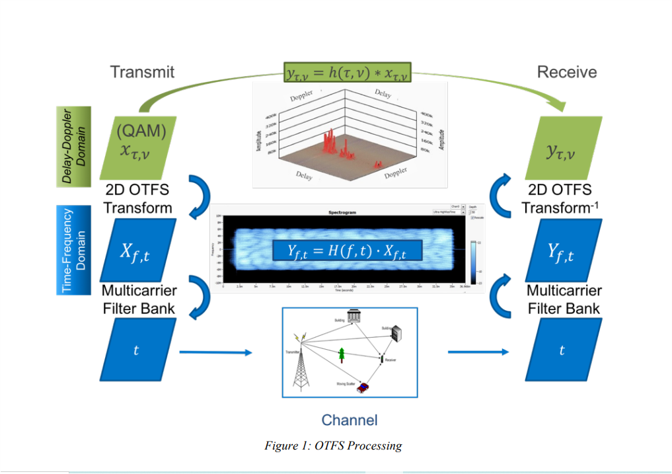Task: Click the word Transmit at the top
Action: click(142, 71)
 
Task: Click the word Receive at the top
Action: click(566, 71)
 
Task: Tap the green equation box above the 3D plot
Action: click(348, 72)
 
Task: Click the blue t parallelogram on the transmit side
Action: click(136, 350)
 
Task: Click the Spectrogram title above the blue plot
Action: click(342, 213)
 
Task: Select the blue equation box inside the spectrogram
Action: click(347, 251)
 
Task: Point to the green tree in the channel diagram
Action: click(342, 355)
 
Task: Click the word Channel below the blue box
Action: click(350, 419)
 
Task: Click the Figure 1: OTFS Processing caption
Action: click(333, 445)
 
